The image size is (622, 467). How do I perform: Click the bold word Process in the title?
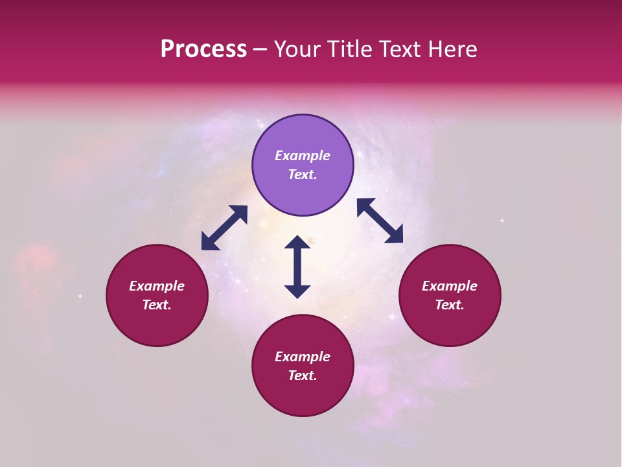203,49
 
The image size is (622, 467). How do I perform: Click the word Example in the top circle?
303,156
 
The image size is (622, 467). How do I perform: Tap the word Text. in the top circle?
303,174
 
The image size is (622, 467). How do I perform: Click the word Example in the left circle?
157,286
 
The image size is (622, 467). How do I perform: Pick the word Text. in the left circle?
157,305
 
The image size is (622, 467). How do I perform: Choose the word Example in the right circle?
450,286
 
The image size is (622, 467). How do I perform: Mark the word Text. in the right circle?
450,305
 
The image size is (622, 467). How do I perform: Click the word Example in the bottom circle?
303,357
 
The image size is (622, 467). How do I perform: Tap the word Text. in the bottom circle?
303,376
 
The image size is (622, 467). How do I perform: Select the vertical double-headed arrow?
297,267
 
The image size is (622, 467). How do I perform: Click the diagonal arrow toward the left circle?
224,228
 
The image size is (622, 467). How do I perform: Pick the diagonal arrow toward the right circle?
380,221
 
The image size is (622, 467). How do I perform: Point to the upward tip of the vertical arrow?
297,238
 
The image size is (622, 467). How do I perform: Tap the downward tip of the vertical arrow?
297,296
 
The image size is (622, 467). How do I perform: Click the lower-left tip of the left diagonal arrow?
203,247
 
